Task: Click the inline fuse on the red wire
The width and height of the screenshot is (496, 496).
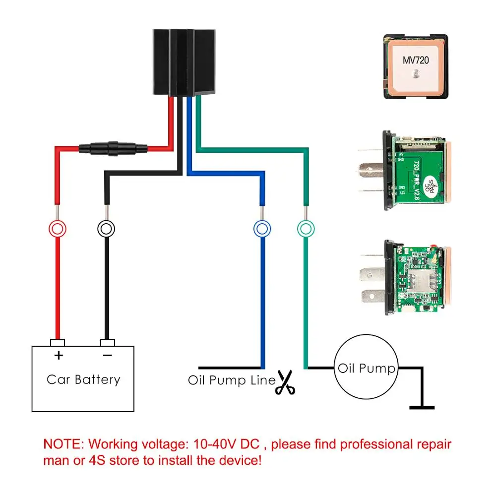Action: coord(113,147)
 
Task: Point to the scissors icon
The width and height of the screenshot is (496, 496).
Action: coord(285,382)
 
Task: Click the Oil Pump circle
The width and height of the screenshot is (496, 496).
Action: coord(366,369)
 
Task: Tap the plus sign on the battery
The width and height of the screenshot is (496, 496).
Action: coord(59,355)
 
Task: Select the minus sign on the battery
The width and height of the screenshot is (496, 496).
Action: coord(107,355)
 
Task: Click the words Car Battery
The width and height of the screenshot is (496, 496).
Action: coord(83,380)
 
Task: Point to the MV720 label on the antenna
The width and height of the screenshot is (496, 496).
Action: coord(415,61)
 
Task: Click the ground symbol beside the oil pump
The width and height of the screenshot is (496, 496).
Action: coord(422,407)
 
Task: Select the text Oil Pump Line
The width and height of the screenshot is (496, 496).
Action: coord(231,381)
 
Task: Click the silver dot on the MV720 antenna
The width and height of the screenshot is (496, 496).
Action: coord(415,74)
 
